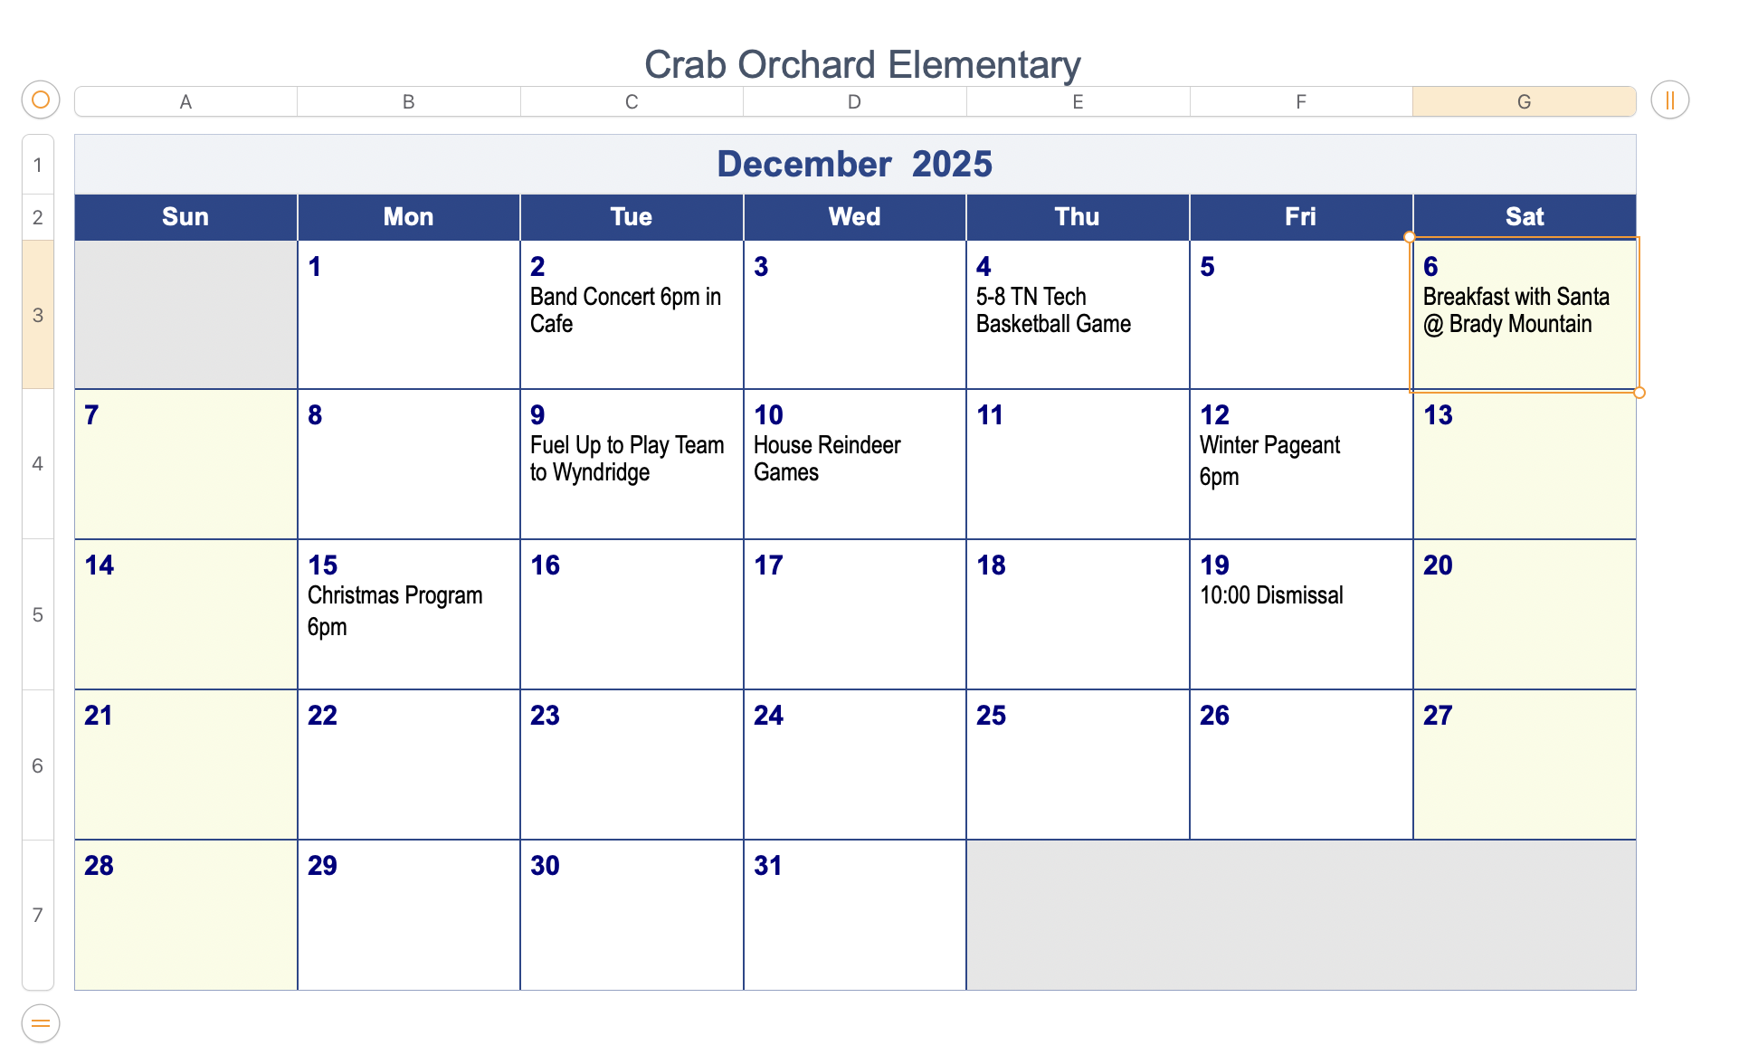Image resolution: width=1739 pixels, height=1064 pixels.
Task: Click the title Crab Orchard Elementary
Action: (861, 65)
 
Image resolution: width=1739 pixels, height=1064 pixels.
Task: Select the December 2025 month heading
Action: (854, 165)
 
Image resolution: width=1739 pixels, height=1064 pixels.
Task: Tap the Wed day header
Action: (854, 217)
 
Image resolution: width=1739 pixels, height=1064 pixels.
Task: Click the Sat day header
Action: (1524, 217)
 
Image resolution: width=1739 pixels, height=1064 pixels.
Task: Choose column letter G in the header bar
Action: (1524, 102)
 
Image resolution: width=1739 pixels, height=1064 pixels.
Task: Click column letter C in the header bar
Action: (632, 102)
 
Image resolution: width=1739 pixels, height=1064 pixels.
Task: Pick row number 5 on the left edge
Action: (38, 615)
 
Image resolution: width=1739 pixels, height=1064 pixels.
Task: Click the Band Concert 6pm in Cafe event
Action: (624, 310)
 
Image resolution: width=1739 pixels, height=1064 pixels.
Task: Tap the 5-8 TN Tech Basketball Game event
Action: (1053, 310)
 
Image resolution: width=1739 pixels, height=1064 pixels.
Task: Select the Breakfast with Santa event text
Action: (1516, 310)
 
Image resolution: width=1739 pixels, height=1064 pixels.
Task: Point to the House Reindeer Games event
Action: (826, 459)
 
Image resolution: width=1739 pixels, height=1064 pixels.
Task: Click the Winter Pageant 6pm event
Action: (1269, 461)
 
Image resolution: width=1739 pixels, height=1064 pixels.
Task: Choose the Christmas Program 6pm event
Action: (394, 611)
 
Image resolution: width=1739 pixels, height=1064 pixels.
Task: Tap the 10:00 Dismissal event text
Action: (1270, 595)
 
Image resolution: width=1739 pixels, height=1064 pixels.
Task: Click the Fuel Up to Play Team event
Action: (626, 459)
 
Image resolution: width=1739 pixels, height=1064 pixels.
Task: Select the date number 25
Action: (991, 716)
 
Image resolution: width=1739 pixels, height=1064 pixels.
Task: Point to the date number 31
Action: (767, 866)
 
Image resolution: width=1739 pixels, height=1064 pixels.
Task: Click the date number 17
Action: (768, 565)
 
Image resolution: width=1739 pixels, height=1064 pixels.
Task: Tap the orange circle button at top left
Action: (41, 100)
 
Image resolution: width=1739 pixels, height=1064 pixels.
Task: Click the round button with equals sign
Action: (41, 1023)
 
